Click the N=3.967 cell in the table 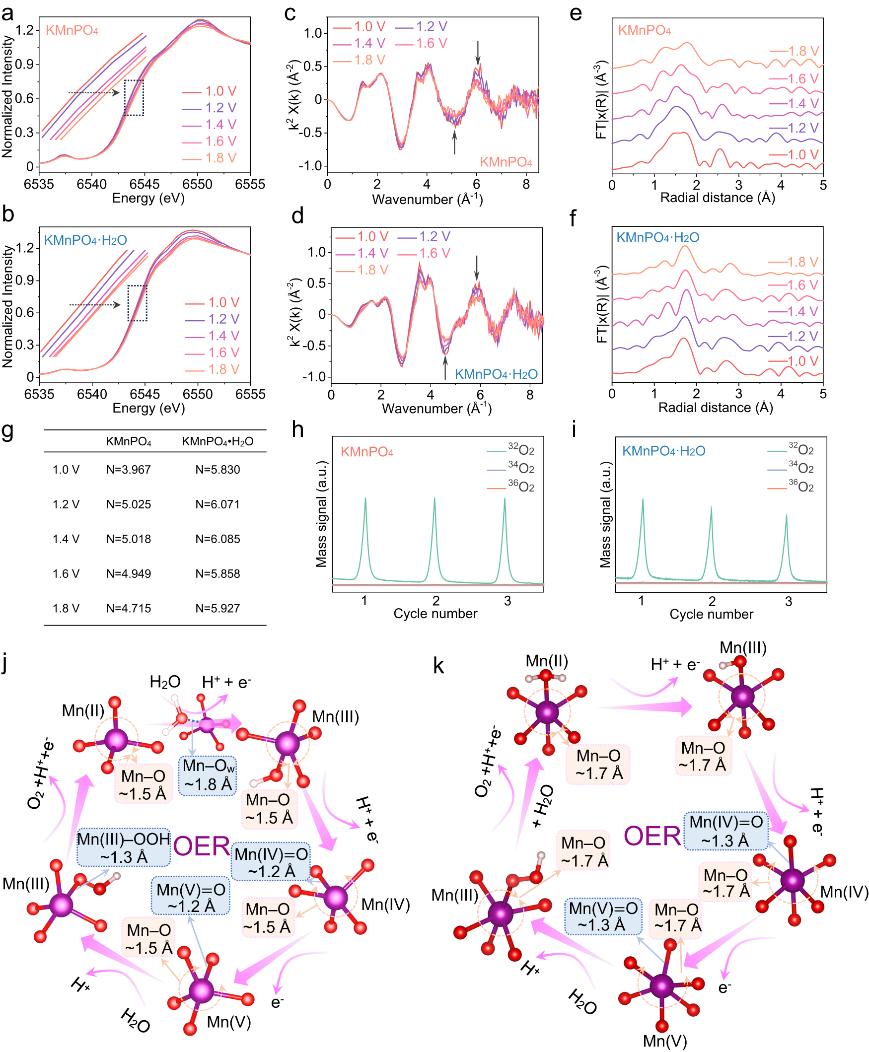coord(128,470)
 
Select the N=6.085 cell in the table coord(217,539)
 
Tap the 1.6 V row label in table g coord(66,573)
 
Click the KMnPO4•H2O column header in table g coord(217,441)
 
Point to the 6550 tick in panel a coord(197,184)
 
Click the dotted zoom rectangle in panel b coord(137,303)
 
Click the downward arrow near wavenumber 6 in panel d coord(477,268)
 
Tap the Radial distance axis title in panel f coord(716,408)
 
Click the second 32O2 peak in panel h coord(434,500)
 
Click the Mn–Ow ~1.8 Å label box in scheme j coord(208,775)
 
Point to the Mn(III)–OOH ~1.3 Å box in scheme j coord(124,848)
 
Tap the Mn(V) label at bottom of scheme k coord(665,1041)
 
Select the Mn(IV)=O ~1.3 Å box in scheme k coord(726,831)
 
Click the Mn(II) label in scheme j coord(83,710)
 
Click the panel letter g coord(7,430)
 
